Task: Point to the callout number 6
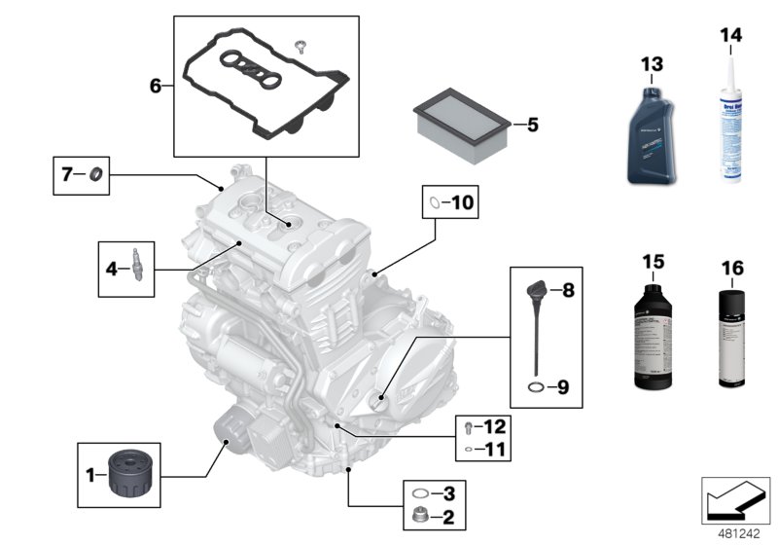(x=156, y=86)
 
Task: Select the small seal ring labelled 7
(x=95, y=175)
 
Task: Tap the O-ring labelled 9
(x=536, y=387)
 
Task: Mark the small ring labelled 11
(x=469, y=451)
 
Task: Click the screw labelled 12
(x=469, y=427)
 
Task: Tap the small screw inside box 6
(x=301, y=44)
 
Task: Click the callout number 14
(x=729, y=35)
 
